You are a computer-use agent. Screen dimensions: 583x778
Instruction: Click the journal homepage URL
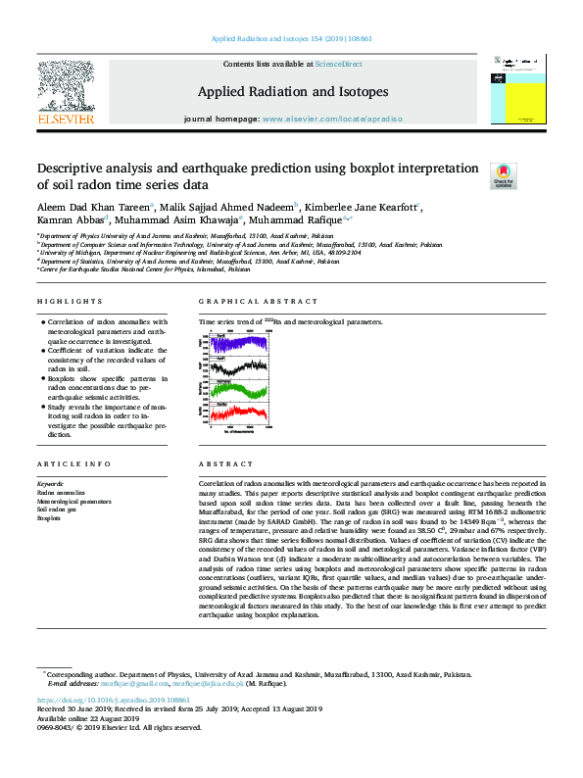click(x=334, y=119)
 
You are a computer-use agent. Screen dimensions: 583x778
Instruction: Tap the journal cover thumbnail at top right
click(x=513, y=90)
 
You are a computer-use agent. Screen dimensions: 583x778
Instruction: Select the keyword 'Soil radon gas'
click(x=56, y=510)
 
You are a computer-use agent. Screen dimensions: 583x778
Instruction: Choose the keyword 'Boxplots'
click(x=49, y=518)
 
